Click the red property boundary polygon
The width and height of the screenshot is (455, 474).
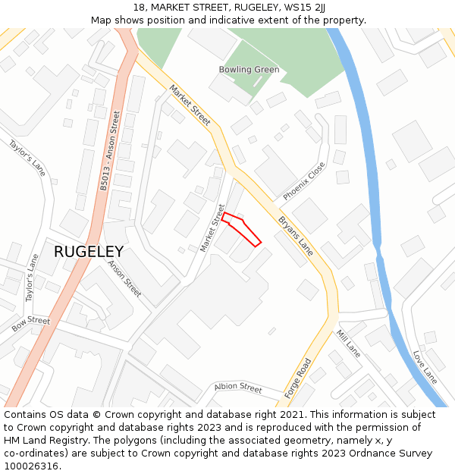pyautogui.click(x=241, y=229)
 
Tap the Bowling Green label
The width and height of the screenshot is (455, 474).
pyautogui.click(x=249, y=70)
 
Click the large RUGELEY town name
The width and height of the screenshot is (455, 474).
pyautogui.click(x=88, y=251)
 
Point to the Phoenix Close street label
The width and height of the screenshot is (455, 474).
pyautogui.click(x=304, y=181)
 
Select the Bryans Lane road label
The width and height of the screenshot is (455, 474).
pyautogui.click(x=295, y=235)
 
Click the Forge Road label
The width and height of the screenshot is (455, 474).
pyautogui.click(x=298, y=378)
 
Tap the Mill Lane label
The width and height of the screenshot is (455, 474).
pyautogui.click(x=348, y=344)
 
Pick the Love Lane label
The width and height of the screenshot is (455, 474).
pyautogui.click(x=425, y=366)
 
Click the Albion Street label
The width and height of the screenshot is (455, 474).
pyautogui.click(x=237, y=388)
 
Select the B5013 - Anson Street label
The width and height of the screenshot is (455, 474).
pyautogui.click(x=110, y=150)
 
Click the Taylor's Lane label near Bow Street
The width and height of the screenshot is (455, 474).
pyautogui.click(x=31, y=278)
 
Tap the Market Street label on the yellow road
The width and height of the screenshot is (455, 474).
pyautogui.click(x=190, y=105)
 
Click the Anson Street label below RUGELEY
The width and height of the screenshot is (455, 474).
pyautogui.click(x=124, y=278)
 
